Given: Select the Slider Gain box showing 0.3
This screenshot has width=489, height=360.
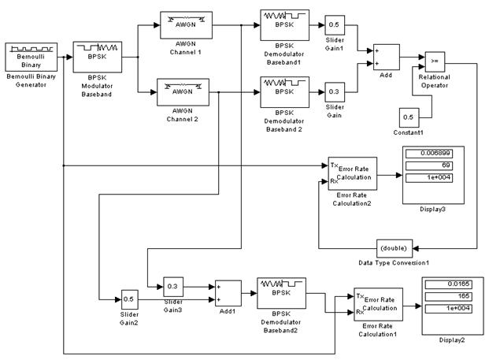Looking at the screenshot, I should pyautogui.click(x=333, y=91).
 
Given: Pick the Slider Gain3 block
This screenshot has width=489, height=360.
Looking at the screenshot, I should pyautogui.click(x=173, y=287).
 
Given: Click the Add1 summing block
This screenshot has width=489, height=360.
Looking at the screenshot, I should pyautogui.click(x=228, y=294).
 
